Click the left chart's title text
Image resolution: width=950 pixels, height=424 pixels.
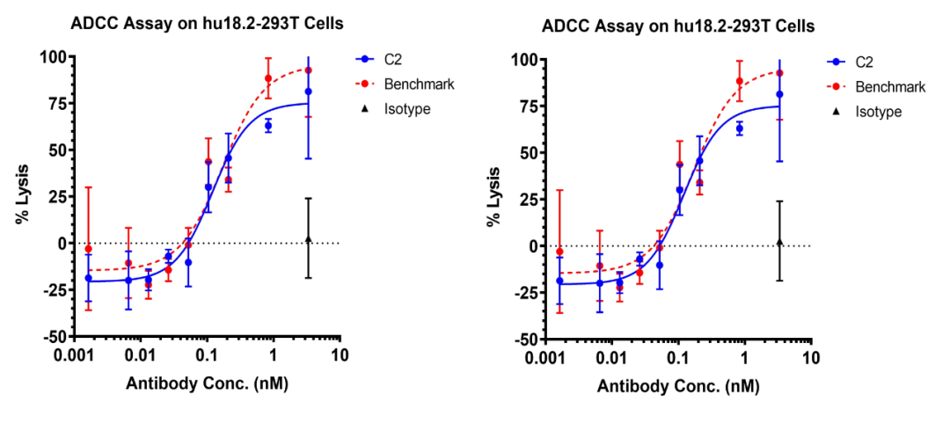[x=207, y=24]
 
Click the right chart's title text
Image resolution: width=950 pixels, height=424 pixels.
[x=678, y=26]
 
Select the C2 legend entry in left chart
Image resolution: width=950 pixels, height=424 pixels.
[x=393, y=60]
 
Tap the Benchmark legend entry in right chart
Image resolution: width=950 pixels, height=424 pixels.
[x=889, y=87]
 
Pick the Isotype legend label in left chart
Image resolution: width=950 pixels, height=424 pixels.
[x=407, y=109]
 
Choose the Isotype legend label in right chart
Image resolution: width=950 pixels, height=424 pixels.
[x=879, y=112]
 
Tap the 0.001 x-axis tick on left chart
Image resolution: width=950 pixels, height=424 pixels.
[x=70, y=355]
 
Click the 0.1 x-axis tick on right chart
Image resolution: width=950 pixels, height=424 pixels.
[x=678, y=358]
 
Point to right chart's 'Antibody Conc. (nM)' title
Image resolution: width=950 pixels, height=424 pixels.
[x=678, y=386]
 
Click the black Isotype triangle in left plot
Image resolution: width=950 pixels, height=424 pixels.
[x=308, y=238]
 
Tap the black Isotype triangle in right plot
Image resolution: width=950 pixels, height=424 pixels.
[x=779, y=241]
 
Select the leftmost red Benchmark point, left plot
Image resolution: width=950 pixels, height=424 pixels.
[x=88, y=249]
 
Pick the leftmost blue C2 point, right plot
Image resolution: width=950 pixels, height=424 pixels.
[x=559, y=281]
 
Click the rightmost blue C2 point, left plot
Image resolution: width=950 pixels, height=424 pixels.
[x=308, y=91]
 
